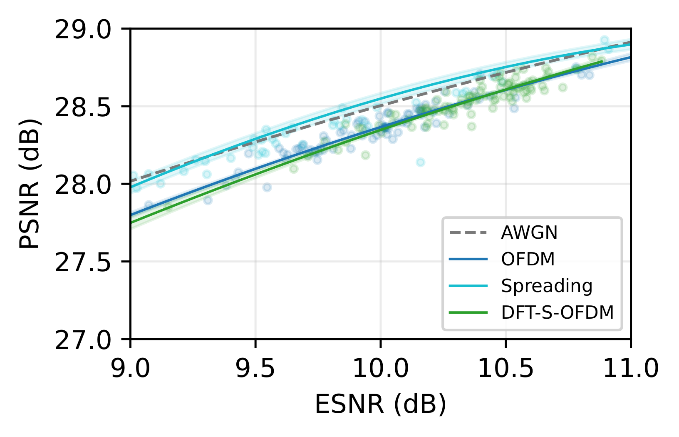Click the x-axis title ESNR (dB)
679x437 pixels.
coord(380,404)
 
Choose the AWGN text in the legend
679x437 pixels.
coord(529,233)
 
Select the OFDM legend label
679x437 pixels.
coord(528,259)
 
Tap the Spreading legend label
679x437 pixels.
coord(546,286)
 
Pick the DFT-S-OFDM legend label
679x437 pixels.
coord(557,312)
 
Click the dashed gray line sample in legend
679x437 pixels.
coord(468,232)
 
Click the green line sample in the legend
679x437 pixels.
coord(468,312)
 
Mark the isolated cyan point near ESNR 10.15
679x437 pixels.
coord(420,162)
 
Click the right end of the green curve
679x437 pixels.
coord(602,62)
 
